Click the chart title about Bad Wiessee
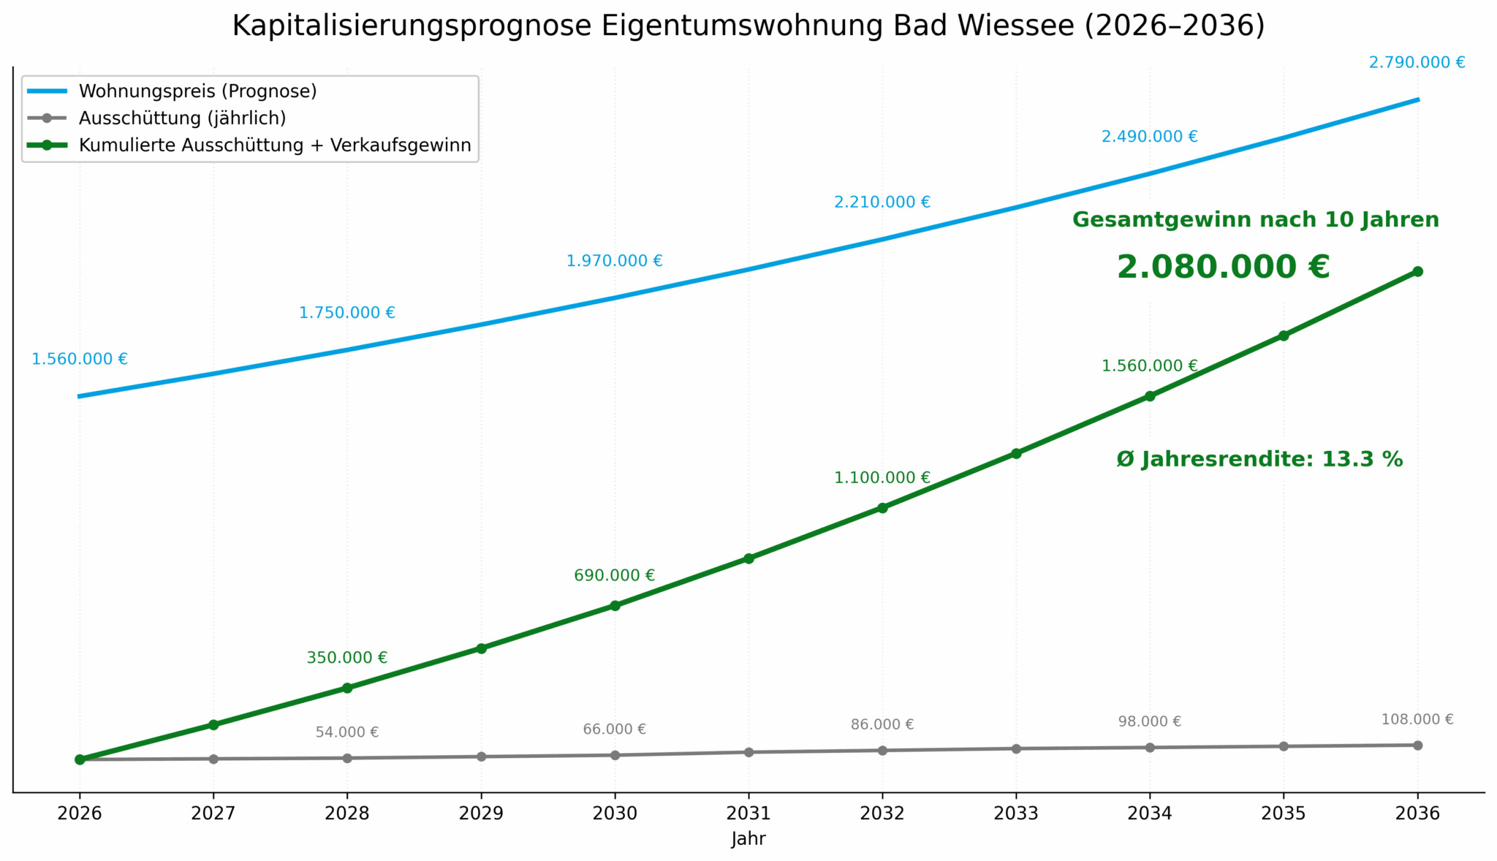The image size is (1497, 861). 748,26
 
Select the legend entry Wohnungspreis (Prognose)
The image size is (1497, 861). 197,91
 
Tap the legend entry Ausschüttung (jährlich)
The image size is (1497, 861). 182,118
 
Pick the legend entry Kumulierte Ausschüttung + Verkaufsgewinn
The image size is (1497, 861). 275,145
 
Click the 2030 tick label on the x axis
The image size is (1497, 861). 615,813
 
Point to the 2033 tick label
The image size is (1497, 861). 1016,813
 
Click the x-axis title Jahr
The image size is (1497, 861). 748,839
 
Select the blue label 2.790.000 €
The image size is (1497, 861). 1417,63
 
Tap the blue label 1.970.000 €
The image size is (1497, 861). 614,261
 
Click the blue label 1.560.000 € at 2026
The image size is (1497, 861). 79,359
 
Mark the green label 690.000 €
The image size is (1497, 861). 614,576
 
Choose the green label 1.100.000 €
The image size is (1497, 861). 882,478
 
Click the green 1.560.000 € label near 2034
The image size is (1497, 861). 1149,366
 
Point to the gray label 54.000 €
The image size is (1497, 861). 347,732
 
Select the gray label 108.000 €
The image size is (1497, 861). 1417,720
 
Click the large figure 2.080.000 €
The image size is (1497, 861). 1223,267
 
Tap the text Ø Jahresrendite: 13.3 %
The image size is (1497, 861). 1259,460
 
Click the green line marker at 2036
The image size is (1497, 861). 1417,271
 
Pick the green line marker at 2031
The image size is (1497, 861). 748,558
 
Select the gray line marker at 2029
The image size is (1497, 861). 481,756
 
